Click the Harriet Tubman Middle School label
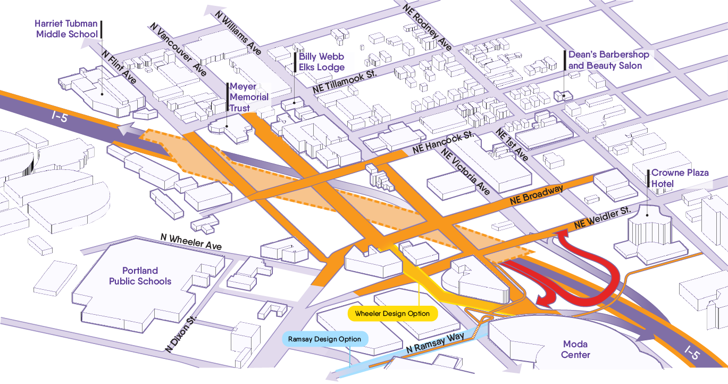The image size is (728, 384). tap(66, 29)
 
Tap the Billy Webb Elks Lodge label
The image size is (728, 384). tap(321, 62)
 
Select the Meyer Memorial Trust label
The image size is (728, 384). tap(249, 97)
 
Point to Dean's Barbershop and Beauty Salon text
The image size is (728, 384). tap(608, 60)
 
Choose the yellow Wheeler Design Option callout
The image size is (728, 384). tap(392, 314)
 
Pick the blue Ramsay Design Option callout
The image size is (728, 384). tap(325, 339)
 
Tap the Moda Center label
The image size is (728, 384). tap(575, 349)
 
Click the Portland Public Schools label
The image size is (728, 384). tap(140, 276)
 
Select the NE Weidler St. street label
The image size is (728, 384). tap(602, 217)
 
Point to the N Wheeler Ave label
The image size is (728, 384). tap(191, 242)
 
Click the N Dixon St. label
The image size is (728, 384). tap(181, 334)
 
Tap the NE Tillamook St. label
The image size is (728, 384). tap(345, 81)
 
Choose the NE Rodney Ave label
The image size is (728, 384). tap(428, 27)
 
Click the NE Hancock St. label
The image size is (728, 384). tap(444, 142)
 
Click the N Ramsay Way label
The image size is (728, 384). tap(436, 343)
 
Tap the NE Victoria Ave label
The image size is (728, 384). tap(465, 171)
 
